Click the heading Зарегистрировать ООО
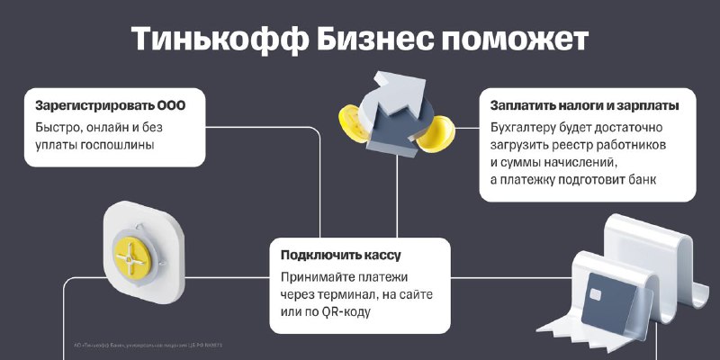click(x=110, y=106)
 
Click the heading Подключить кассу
click(x=341, y=256)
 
